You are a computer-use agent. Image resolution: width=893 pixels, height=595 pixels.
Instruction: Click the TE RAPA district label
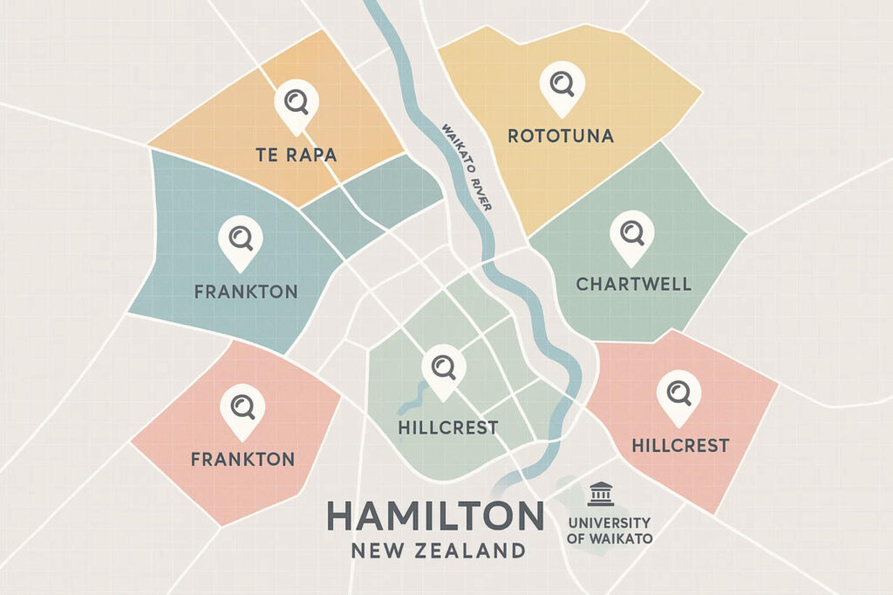click(296, 156)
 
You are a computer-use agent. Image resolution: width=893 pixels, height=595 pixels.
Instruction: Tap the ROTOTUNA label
click(561, 136)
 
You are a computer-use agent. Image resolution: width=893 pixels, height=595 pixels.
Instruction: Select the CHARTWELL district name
click(633, 284)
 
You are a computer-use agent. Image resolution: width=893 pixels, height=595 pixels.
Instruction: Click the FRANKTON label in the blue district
click(245, 292)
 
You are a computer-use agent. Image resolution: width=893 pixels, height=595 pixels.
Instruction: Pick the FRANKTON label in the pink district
click(242, 459)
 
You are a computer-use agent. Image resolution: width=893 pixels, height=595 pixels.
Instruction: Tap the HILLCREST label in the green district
click(446, 428)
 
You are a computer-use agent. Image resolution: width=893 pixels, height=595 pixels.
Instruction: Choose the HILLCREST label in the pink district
click(679, 446)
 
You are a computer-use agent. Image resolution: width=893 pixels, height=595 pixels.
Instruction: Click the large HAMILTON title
click(435, 517)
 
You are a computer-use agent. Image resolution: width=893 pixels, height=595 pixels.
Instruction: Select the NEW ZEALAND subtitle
click(439, 551)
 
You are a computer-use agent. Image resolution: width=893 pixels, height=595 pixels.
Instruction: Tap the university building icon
click(600, 494)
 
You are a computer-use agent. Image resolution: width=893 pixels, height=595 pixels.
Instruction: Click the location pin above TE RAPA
click(297, 103)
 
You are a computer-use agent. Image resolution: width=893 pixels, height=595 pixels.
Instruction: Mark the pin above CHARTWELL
click(631, 233)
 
